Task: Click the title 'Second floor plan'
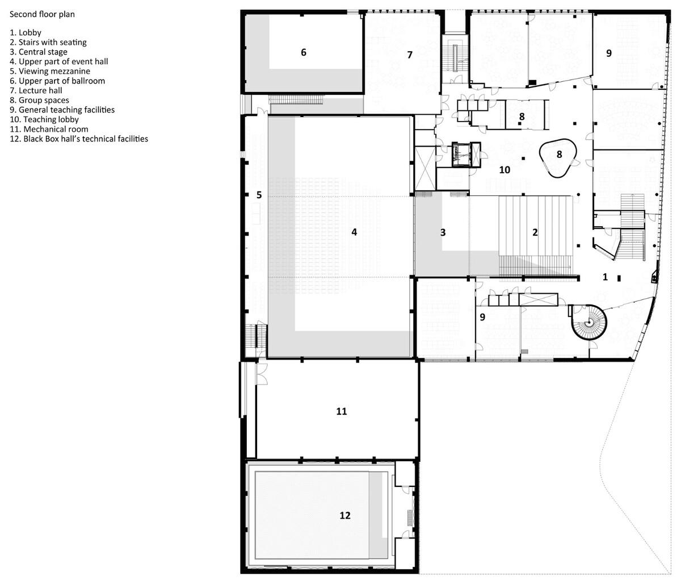(42, 14)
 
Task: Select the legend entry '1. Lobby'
(26, 33)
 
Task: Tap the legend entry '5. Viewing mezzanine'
(50, 71)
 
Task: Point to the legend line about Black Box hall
(79, 139)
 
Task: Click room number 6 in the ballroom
(304, 52)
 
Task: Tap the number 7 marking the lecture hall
(410, 55)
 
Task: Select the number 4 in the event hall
(354, 232)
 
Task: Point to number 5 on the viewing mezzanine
(259, 195)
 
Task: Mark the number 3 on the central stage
(443, 232)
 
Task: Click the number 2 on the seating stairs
(535, 232)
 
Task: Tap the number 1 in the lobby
(605, 277)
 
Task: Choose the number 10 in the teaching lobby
(505, 169)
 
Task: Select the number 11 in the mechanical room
(341, 411)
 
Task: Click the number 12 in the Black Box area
(345, 515)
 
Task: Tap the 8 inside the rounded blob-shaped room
(559, 154)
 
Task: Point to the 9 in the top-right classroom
(609, 53)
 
